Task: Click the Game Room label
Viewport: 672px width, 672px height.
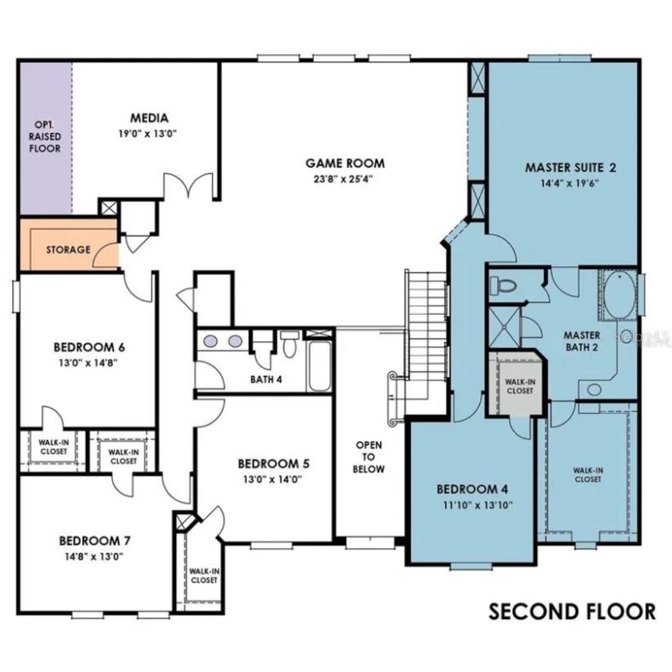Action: [x=345, y=163]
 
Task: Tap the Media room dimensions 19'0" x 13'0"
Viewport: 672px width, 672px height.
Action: [x=148, y=134]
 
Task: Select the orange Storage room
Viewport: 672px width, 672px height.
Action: [x=69, y=245]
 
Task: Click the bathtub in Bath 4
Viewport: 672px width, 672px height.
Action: [x=320, y=366]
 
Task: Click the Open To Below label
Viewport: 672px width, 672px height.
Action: [x=368, y=457]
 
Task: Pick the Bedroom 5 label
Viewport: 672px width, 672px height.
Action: [x=273, y=464]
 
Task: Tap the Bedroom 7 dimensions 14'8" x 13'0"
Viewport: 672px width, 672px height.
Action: [x=95, y=557]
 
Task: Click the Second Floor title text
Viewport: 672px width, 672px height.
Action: [x=572, y=612]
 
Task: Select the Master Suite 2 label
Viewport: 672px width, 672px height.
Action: [x=571, y=167]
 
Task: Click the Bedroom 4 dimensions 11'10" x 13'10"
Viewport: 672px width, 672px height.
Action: [x=478, y=505]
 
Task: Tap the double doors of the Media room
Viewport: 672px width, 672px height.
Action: [x=188, y=185]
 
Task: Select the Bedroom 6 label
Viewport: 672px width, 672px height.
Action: [x=89, y=347]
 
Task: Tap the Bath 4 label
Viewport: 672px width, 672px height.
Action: [x=266, y=380]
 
